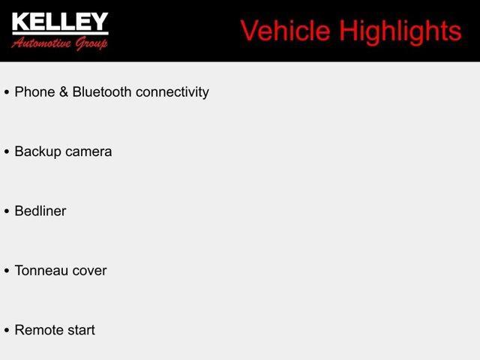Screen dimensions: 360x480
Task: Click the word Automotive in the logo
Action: coord(42,43)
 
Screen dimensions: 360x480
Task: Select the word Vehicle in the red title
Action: coord(285,31)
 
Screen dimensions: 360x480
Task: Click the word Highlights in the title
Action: coord(400,31)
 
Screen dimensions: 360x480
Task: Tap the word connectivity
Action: coord(173,92)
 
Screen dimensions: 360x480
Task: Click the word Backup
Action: coord(37,151)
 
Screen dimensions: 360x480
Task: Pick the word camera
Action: coord(88,151)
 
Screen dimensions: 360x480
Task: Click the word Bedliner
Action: coord(40,211)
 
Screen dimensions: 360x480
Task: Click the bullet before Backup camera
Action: coord(7,152)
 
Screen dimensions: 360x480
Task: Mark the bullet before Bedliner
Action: coord(7,211)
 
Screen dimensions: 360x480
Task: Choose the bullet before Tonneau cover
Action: coord(7,271)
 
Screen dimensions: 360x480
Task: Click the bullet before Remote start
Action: coord(7,331)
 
